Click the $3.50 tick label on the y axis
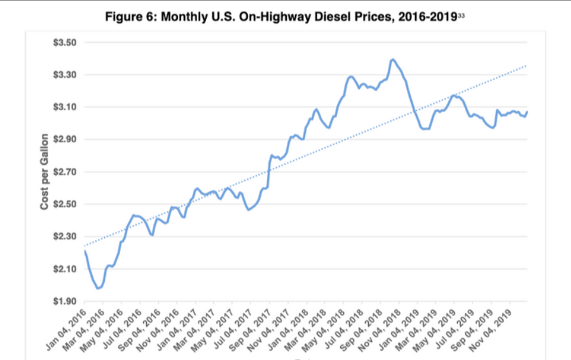click(x=64, y=43)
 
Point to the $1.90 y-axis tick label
click(x=64, y=301)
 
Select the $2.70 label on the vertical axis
click(x=64, y=172)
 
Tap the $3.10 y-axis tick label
click(x=64, y=107)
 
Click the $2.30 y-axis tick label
click(x=64, y=237)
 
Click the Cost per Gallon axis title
click(x=45, y=172)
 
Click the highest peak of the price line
click(x=393, y=59)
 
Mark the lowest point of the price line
click(x=99, y=288)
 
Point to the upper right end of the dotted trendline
click(x=526, y=66)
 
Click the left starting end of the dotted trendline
click(x=85, y=245)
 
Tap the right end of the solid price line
click(x=527, y=112)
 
